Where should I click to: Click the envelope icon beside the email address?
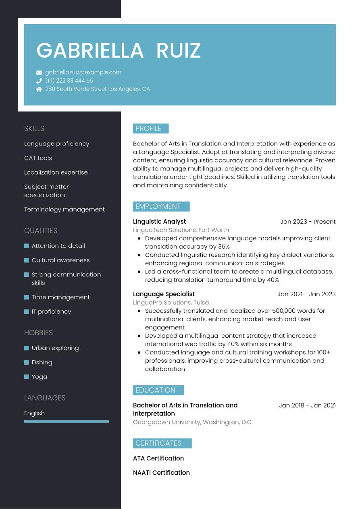(39, 73)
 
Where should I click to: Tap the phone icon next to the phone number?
(39, 81)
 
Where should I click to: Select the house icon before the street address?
(39, 89)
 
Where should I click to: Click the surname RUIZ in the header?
(178, 51)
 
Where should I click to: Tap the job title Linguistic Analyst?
(159, 222)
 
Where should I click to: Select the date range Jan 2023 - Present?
(308, 222)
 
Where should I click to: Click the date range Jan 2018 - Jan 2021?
(307, 405)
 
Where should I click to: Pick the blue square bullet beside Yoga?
(27, 377)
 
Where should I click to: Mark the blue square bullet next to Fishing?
(27, 362)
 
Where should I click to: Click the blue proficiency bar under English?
(67, 422)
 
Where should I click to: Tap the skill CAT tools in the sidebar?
(38, 158)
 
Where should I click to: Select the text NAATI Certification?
(161, 473)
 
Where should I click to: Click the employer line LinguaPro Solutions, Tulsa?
(171, 303)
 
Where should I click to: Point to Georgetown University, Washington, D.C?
(192, 422)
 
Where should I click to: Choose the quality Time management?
(60, 297)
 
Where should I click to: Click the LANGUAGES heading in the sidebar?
(45, 398)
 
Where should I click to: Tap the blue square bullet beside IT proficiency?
(27, 312)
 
